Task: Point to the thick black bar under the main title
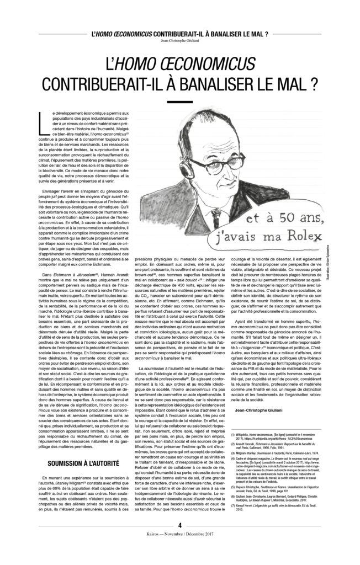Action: point(179,102)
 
